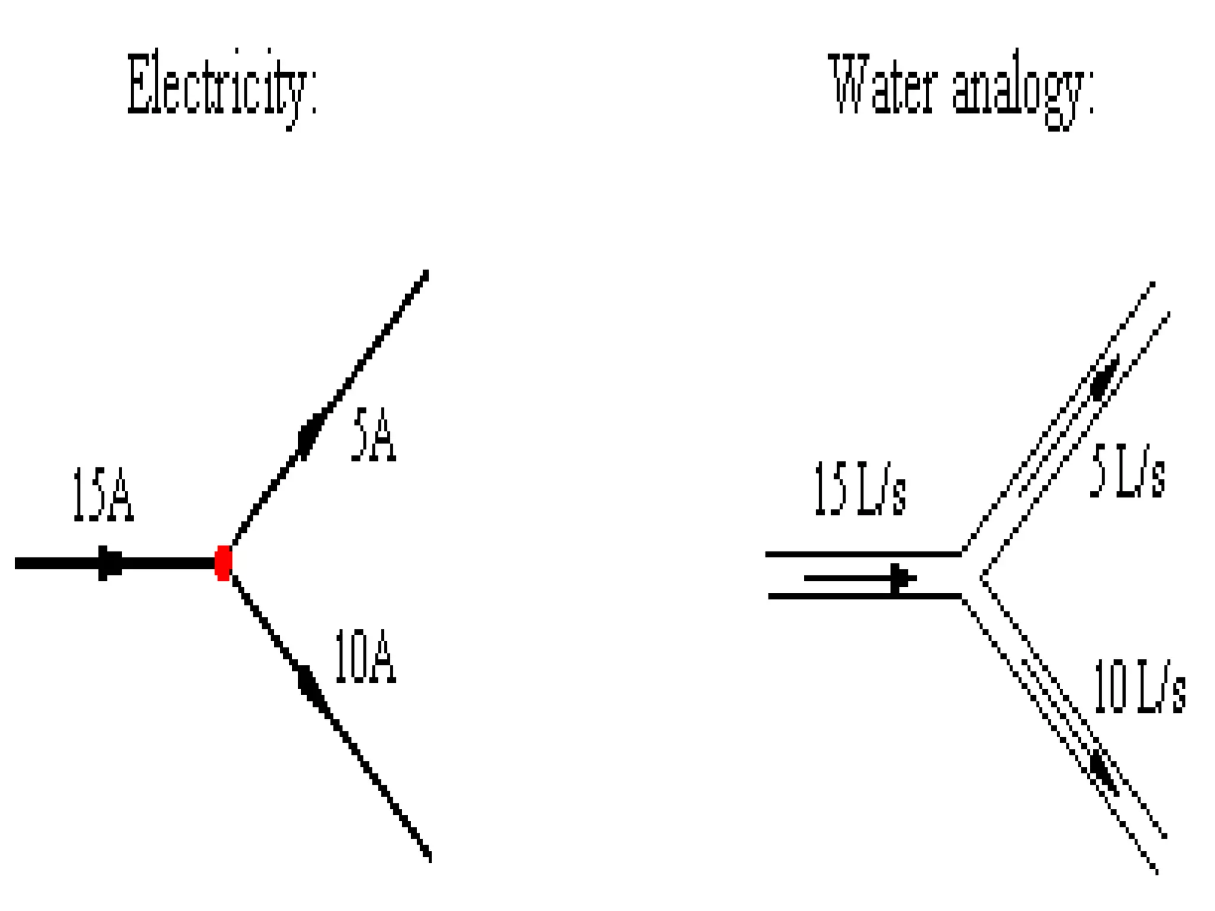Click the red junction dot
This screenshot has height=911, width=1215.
223,563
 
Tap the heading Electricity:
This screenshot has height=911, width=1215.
222,87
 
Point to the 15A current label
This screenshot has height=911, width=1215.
103,495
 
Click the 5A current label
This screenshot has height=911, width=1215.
373,435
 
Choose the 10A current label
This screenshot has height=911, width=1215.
365,657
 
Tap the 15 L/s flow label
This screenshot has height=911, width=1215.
860,489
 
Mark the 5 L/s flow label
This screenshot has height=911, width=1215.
1127,471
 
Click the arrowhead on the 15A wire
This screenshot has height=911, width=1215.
110,563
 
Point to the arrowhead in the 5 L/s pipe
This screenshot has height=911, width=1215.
1103,378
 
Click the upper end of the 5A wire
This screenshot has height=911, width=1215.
425,273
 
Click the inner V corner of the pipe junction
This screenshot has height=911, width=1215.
982,578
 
